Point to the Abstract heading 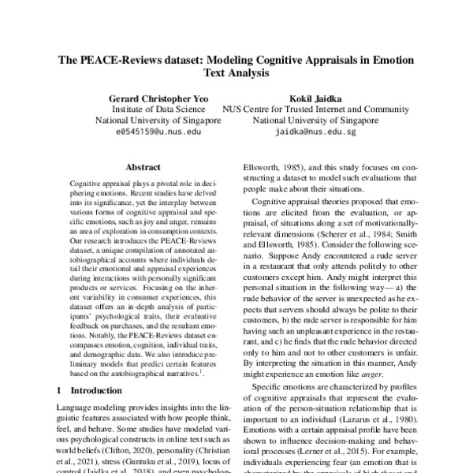pos(143,168)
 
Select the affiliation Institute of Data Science pos(158,110)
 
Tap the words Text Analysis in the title pos(236,74)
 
